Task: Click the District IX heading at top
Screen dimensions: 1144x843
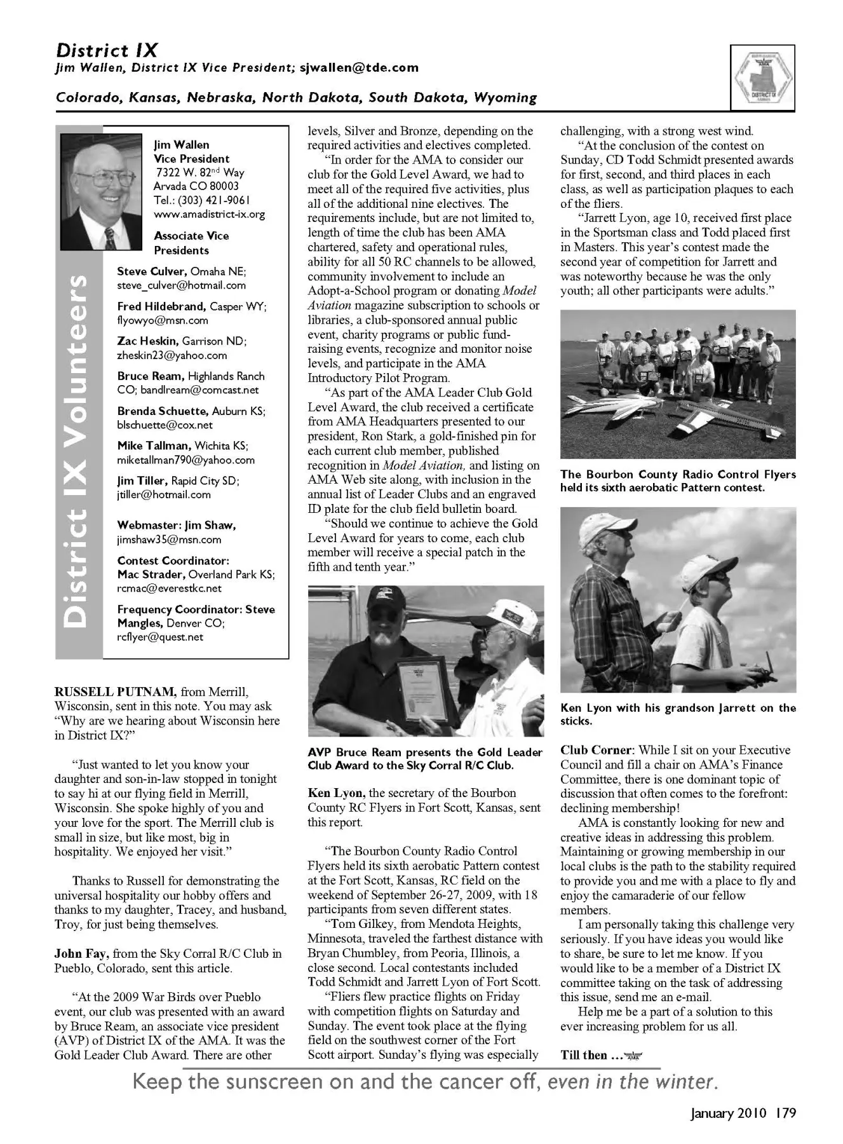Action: click(107, 51)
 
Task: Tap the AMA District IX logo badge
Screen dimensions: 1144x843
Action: click(762, 79)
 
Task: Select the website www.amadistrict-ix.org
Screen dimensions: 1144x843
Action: click(209, 215)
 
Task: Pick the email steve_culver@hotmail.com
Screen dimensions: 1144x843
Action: click(181, 286)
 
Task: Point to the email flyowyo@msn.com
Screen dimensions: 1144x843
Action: click(163, 321)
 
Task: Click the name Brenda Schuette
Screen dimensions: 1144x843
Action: click(163, 411)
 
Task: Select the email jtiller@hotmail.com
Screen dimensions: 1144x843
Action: click(164, 495)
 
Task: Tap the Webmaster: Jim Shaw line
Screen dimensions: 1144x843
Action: click(177, 526)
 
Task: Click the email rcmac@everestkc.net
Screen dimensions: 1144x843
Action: click(169, 589)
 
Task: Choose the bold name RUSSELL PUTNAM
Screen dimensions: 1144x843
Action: click(116, 692)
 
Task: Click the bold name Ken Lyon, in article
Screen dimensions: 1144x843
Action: click(336, 793)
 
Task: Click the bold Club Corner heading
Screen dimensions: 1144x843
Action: click(596, 751)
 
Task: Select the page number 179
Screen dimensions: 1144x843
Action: click(785, 1113)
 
